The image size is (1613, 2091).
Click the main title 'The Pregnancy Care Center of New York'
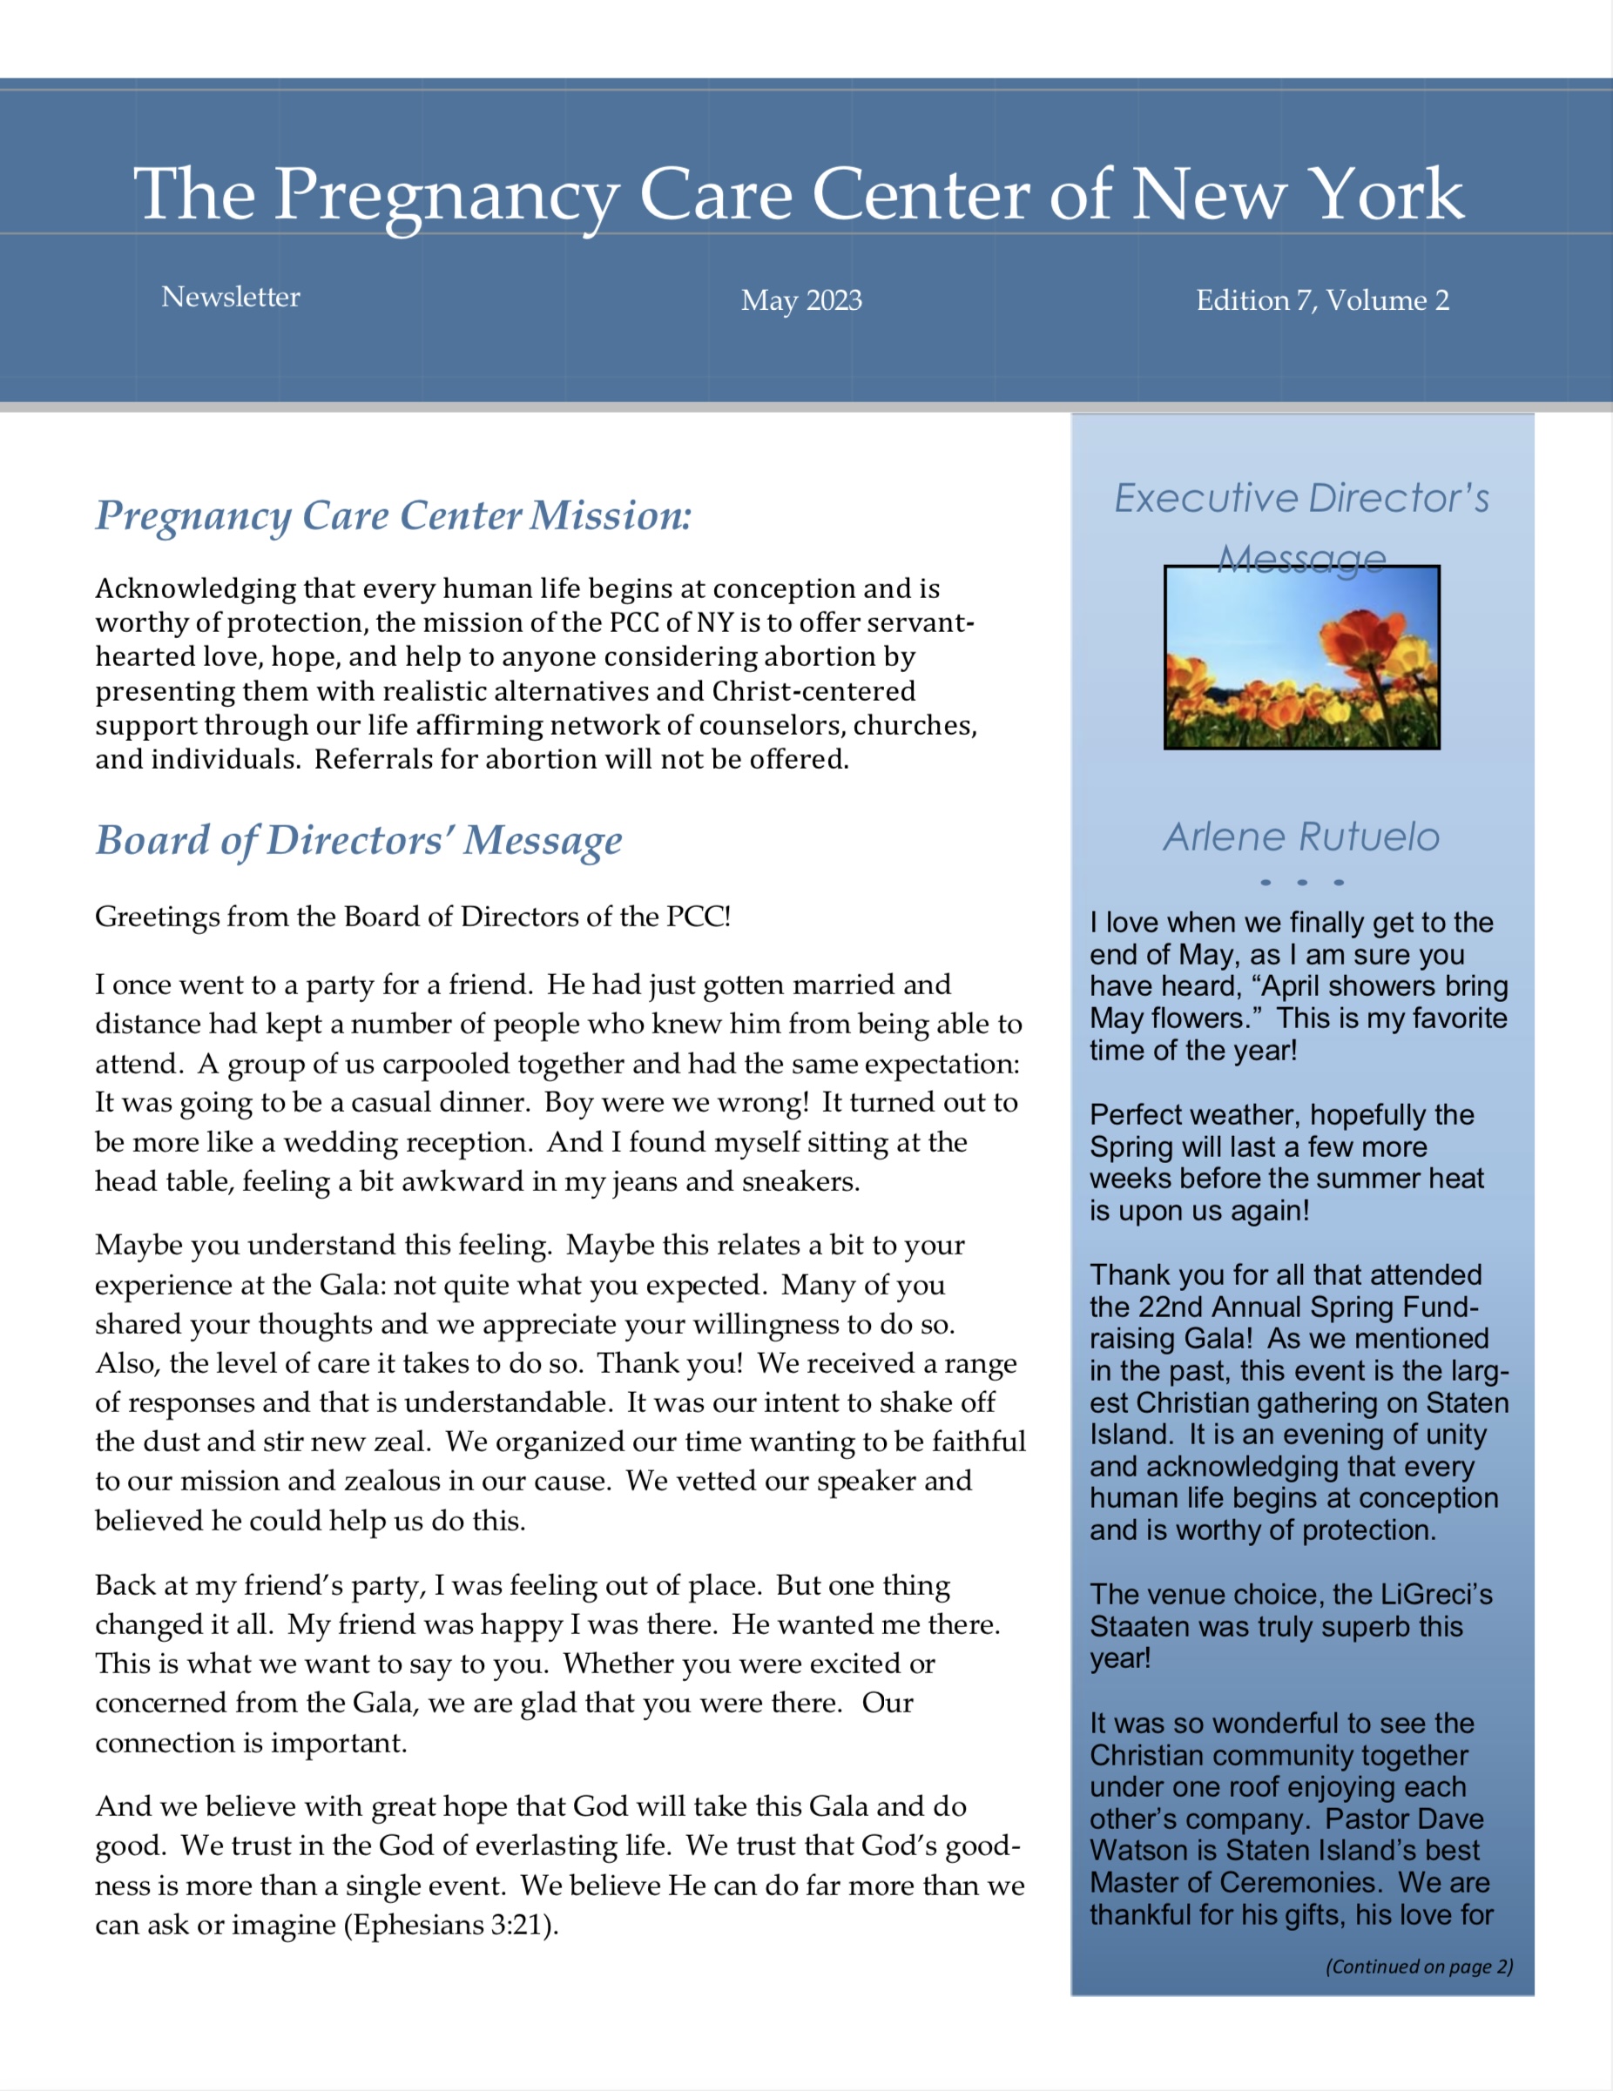click(799, 194)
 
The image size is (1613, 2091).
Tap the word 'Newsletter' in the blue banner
click(231, 297)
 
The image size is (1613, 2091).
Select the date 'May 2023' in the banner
click(802, 300)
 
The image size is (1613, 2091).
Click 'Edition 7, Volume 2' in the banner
click(1322, 300)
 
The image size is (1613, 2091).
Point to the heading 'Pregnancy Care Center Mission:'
click(393, 515)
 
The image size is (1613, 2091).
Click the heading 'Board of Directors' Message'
click(358, 840)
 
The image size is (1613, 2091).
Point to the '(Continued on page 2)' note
click(1419, 1967)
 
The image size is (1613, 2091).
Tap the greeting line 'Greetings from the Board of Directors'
click(412, 918)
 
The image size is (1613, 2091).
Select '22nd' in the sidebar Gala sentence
click(1178, 1307)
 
